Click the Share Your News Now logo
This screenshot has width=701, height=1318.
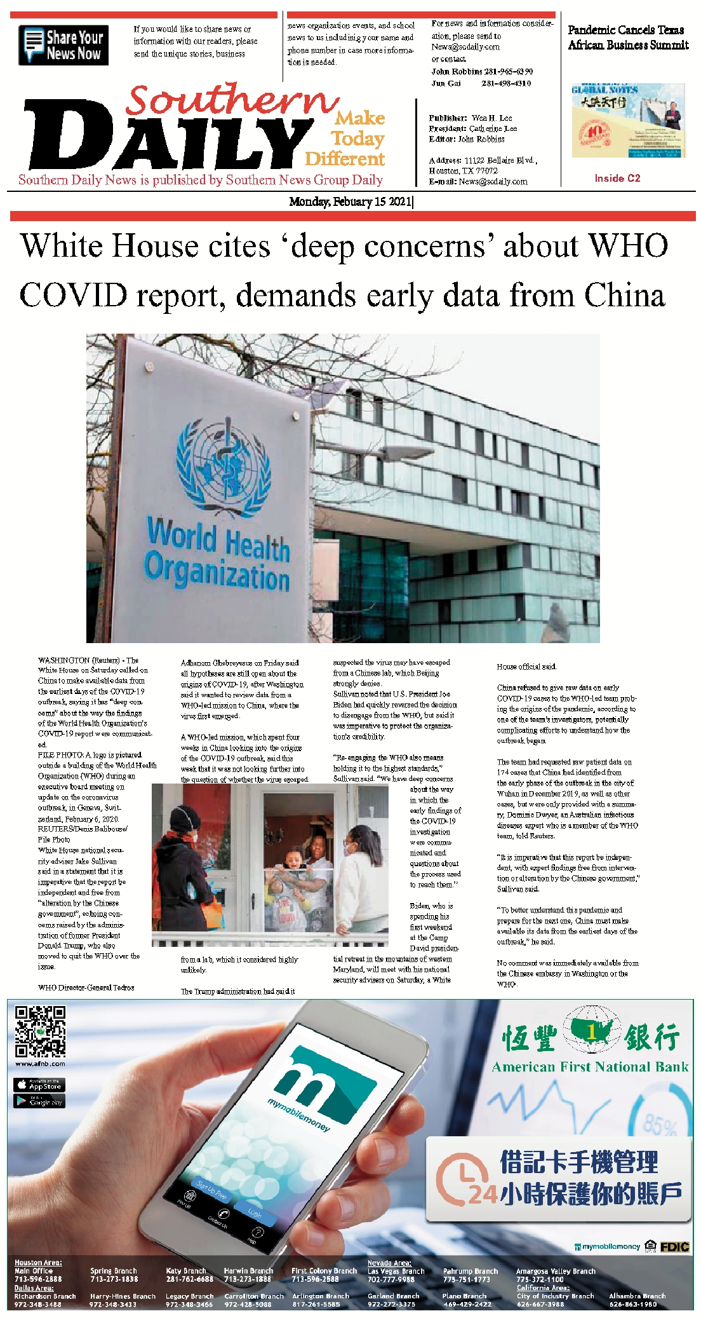tap(63, 45)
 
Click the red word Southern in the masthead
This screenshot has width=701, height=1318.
tap(232, 100)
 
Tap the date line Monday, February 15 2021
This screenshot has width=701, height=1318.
tap(350, 202)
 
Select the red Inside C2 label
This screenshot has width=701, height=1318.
tap(617, 178)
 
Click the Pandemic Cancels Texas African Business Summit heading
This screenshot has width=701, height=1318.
tap(628, 37)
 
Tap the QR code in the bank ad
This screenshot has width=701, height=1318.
tap(40, 1031)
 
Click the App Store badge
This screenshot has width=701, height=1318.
tap(39, 1085)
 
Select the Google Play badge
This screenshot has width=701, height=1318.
tap(39, 1101)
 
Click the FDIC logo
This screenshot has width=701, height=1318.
tap(674, 1247)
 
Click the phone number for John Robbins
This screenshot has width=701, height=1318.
tap(507, 72)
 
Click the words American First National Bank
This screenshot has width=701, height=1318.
tap(590, 1067)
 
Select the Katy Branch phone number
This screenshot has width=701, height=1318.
tap(189, 1279)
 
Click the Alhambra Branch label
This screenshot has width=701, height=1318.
tap(637, 1296)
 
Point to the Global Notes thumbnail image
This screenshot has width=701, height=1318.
tap(627, 120)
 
